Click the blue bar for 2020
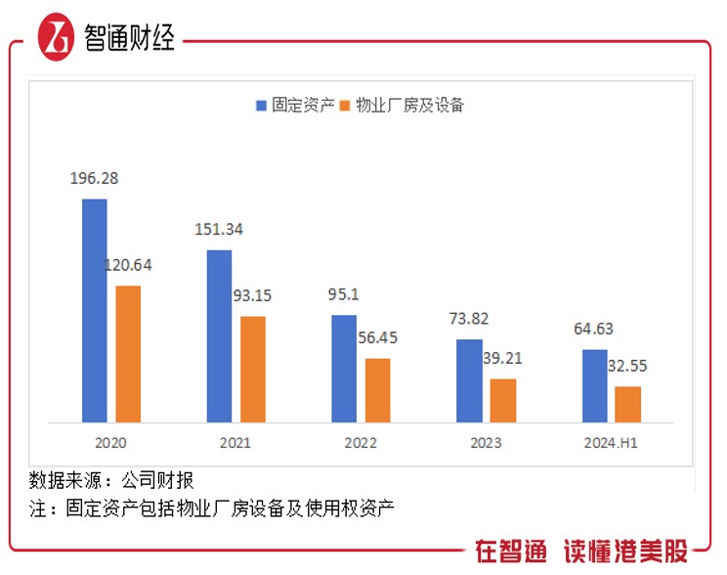pos(94,310)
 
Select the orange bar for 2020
pos(128,353)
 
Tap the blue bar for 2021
pos(219,335)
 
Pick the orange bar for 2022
pos(377,390)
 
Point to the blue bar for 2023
pos(469,380)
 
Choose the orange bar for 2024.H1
pos(627,404)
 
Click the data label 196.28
pos(94,179)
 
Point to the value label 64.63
pos(594,329)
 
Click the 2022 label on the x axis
pos(361,443)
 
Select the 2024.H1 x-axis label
pos(611,443)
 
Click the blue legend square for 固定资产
pos(261,106)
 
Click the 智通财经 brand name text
pos(130,40)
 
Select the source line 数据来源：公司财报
pos(111,480)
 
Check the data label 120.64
pos(128,264)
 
